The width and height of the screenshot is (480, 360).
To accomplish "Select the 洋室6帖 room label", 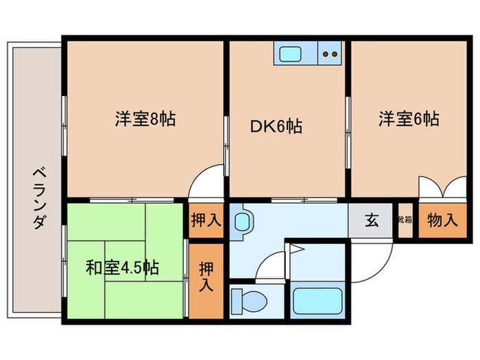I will point(408,119).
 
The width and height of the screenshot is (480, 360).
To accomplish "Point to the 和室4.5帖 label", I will point(122,267).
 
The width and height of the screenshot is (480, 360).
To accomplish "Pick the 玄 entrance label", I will point(371,221).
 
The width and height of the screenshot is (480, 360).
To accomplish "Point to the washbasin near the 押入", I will point(242,221).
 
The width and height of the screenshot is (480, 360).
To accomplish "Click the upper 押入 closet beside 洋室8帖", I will point(206,221).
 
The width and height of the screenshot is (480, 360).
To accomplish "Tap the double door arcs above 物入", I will point(440,187).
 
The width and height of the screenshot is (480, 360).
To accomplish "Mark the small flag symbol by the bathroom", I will point(295,250).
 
